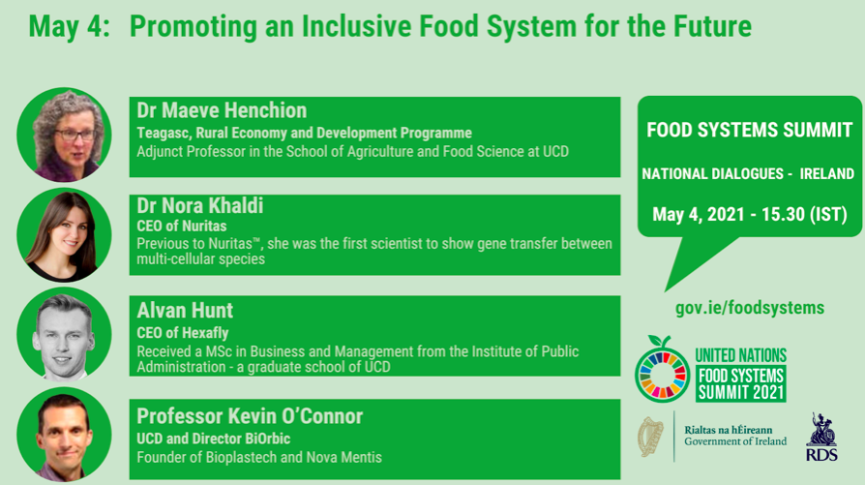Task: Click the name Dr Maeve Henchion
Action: pyautogui.click(x=222, y=110)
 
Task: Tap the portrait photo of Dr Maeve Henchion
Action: pyautogui.click(x=64, y=136)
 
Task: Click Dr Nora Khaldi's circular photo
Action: pyautogui.click(x=64, y=235)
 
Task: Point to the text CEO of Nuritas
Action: pyautogui.click(x=181, y=227)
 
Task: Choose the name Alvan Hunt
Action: pyautogui.click(x=185, y=311)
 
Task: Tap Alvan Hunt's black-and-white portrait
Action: pyautogui.click(x=64, y=335)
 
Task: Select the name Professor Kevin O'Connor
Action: pyautogui.click(x=250, y=416)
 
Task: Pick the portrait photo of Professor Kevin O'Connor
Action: pyautogui.click(x=64, y=435)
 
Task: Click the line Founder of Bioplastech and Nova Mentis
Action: pyautogui.click(x=259, y=457)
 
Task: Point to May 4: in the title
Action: pyautogui.click(x=67, y=26)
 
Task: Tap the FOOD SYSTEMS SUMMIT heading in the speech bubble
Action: pyautogui.click(x=749, y=130)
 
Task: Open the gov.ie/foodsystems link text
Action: pyautogui.click(x=749, y=308)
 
